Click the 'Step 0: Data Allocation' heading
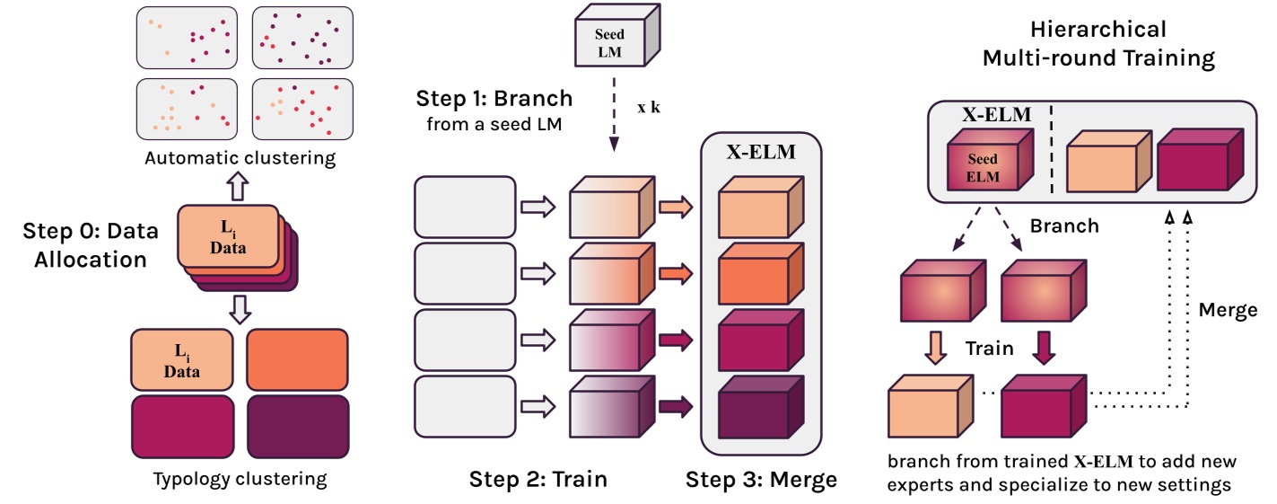(x=90, y=244)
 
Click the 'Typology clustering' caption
(x=241, y=478)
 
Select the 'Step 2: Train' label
(x=538, y=479)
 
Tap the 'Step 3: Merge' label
(x=761, y=479)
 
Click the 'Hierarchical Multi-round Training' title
(x=1098, y=44)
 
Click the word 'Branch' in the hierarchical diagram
(x=1063, y=225)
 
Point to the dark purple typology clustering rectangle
(x=297, y=429)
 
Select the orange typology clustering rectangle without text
(x=297, y=359)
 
